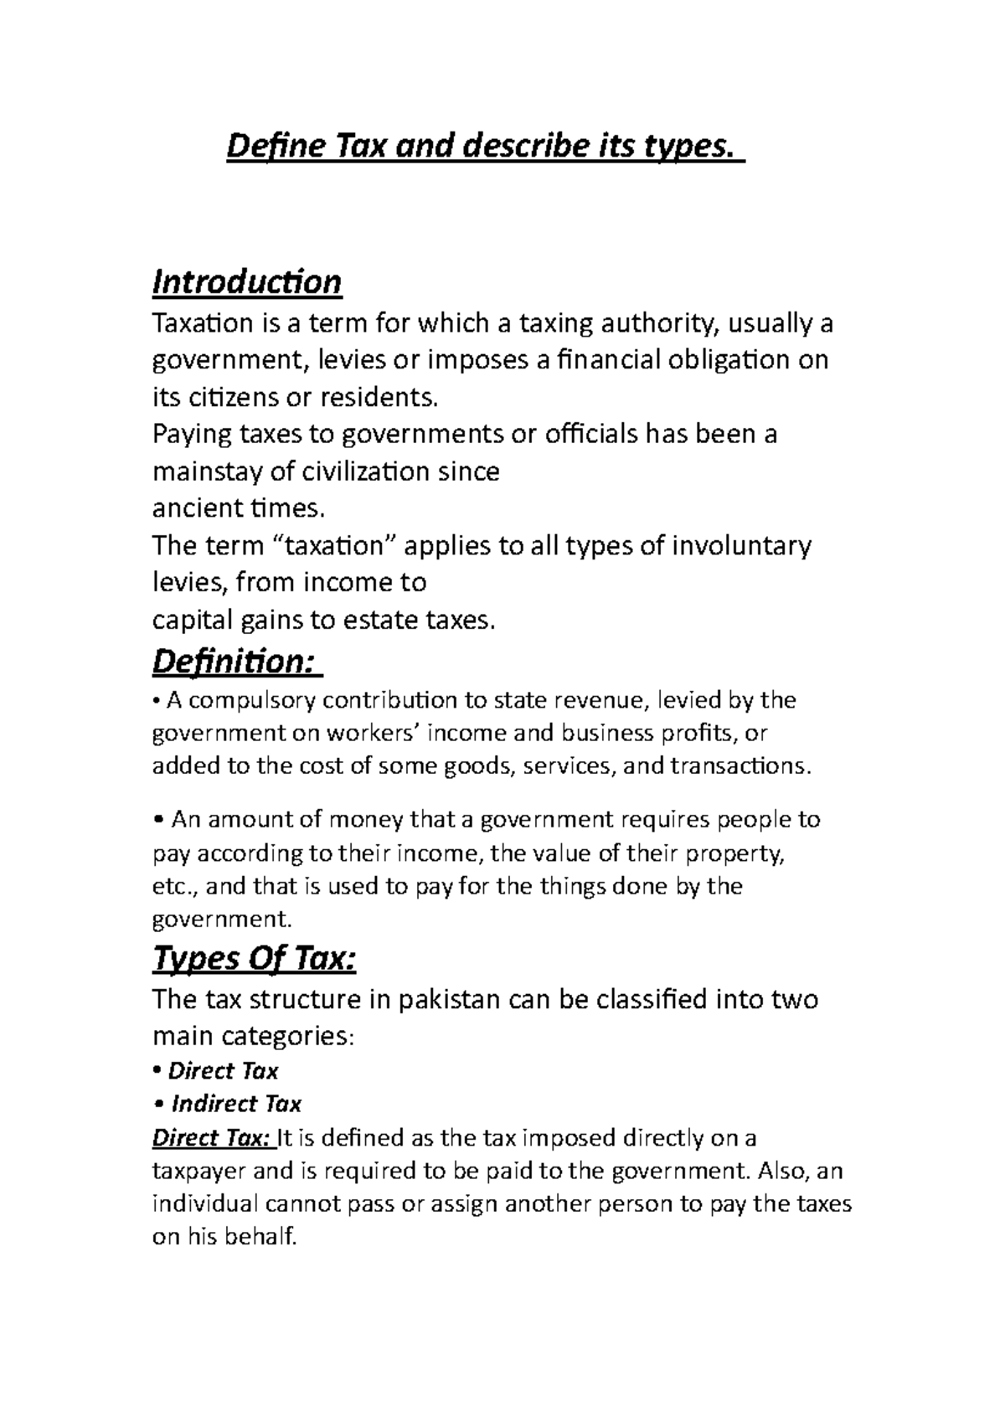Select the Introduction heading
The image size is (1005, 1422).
click(x=246, y=282)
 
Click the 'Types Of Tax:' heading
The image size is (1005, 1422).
click(x=254, y=959)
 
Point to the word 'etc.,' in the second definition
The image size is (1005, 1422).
click(x=174, y=886)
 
